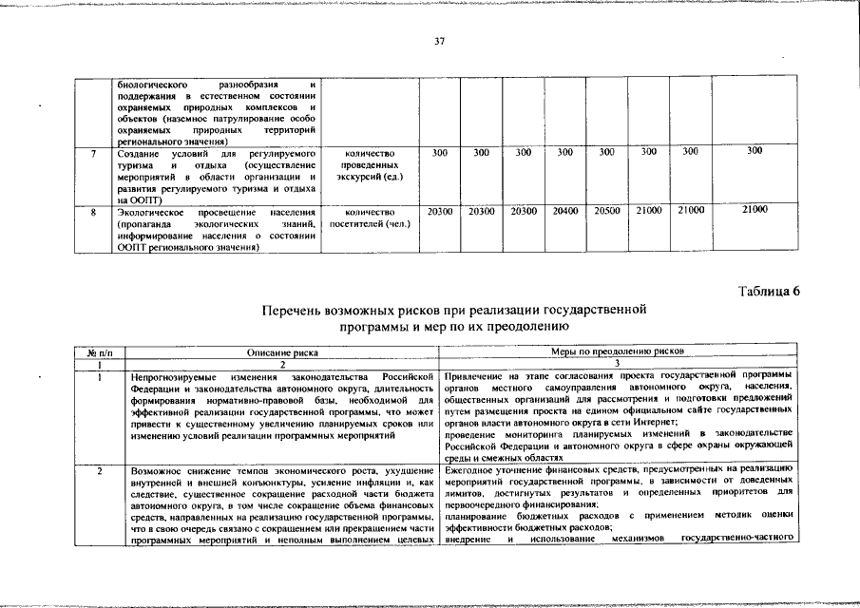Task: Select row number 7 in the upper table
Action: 86,153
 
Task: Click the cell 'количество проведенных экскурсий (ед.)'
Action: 371,165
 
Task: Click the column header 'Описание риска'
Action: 283,352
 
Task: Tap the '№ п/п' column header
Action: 99,352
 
